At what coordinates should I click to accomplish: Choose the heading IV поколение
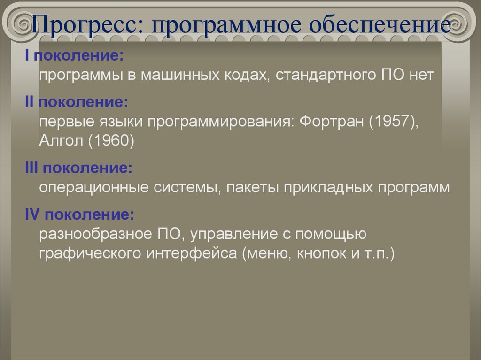coord(80,214)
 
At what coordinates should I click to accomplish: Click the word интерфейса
coord(192,253)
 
